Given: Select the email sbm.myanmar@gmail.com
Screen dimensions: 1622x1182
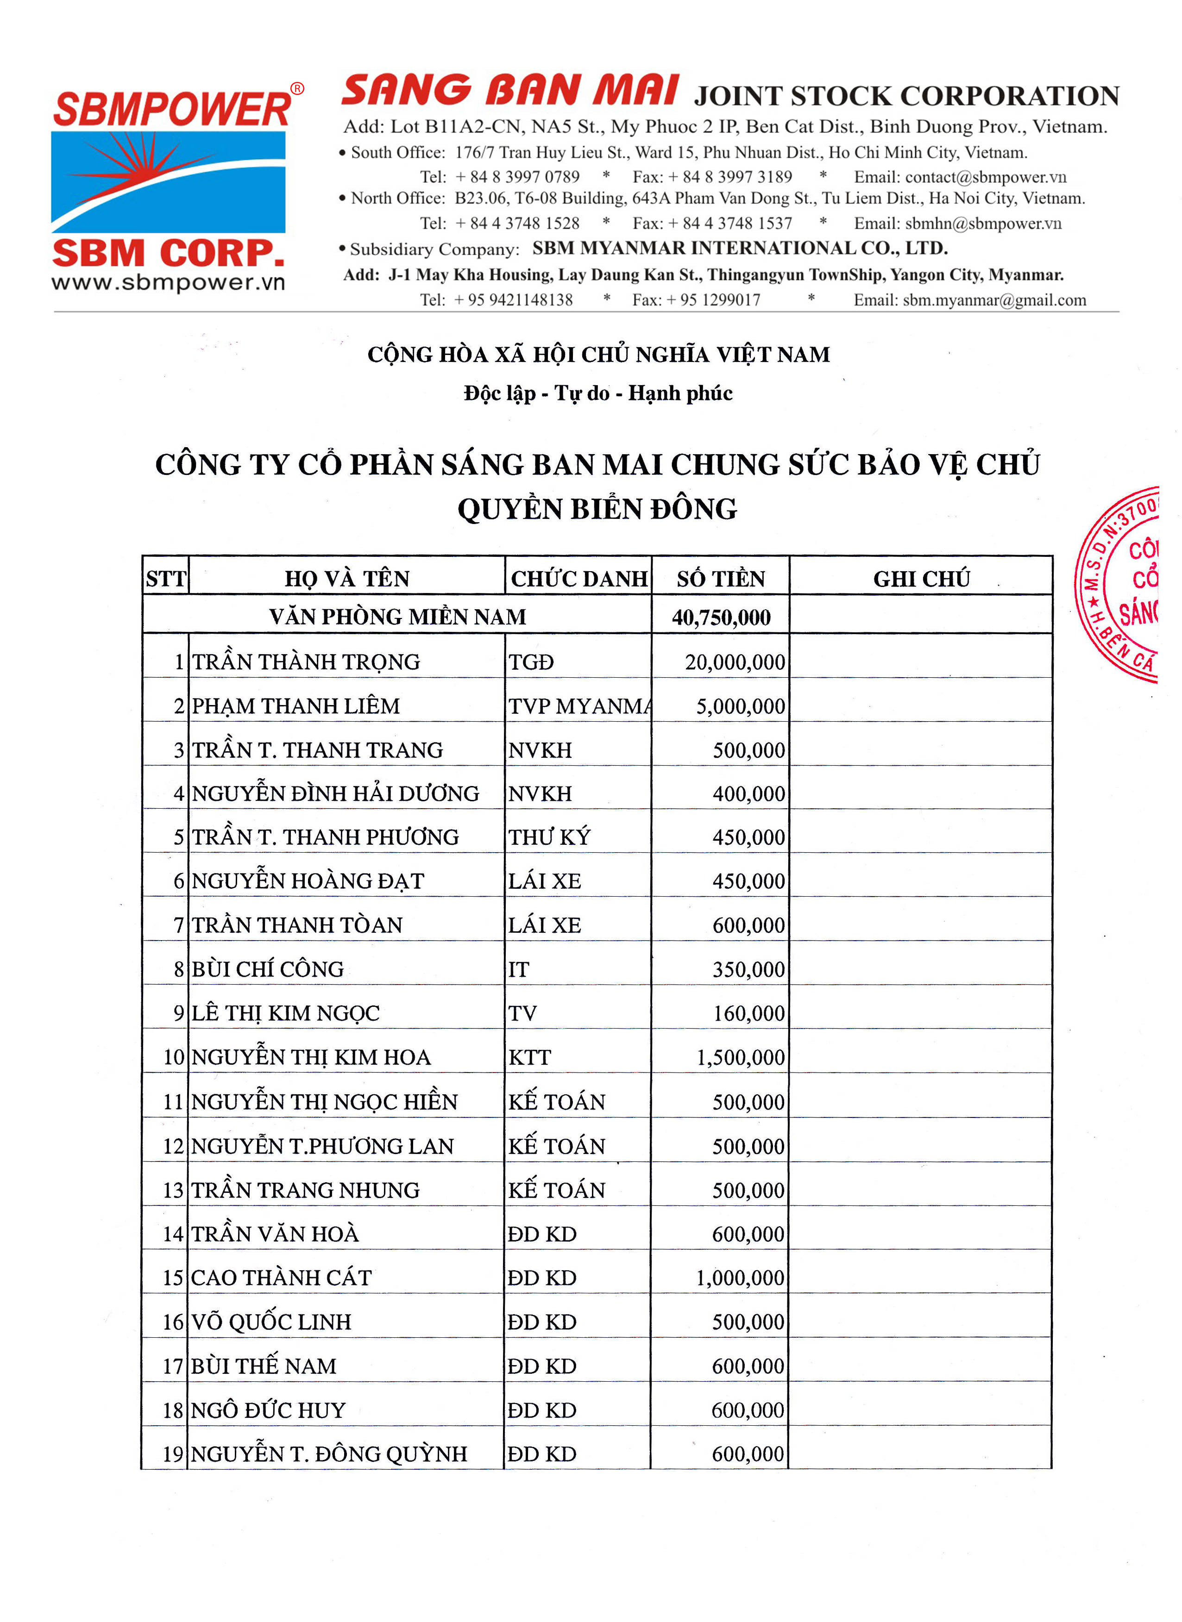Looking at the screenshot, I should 994,300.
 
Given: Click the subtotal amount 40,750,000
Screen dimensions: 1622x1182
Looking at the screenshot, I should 721,617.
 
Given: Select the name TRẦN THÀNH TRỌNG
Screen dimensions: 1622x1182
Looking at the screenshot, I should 306,661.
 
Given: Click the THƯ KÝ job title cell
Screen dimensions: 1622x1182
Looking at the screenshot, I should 549,837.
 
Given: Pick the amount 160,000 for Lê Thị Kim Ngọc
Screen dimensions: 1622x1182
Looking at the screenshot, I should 748,1013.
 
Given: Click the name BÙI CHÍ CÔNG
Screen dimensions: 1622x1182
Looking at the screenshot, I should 268,969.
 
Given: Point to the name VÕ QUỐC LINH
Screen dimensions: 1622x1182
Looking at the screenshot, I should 271,1322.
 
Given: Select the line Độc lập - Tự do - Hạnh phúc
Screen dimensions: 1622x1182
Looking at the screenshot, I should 598,393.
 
